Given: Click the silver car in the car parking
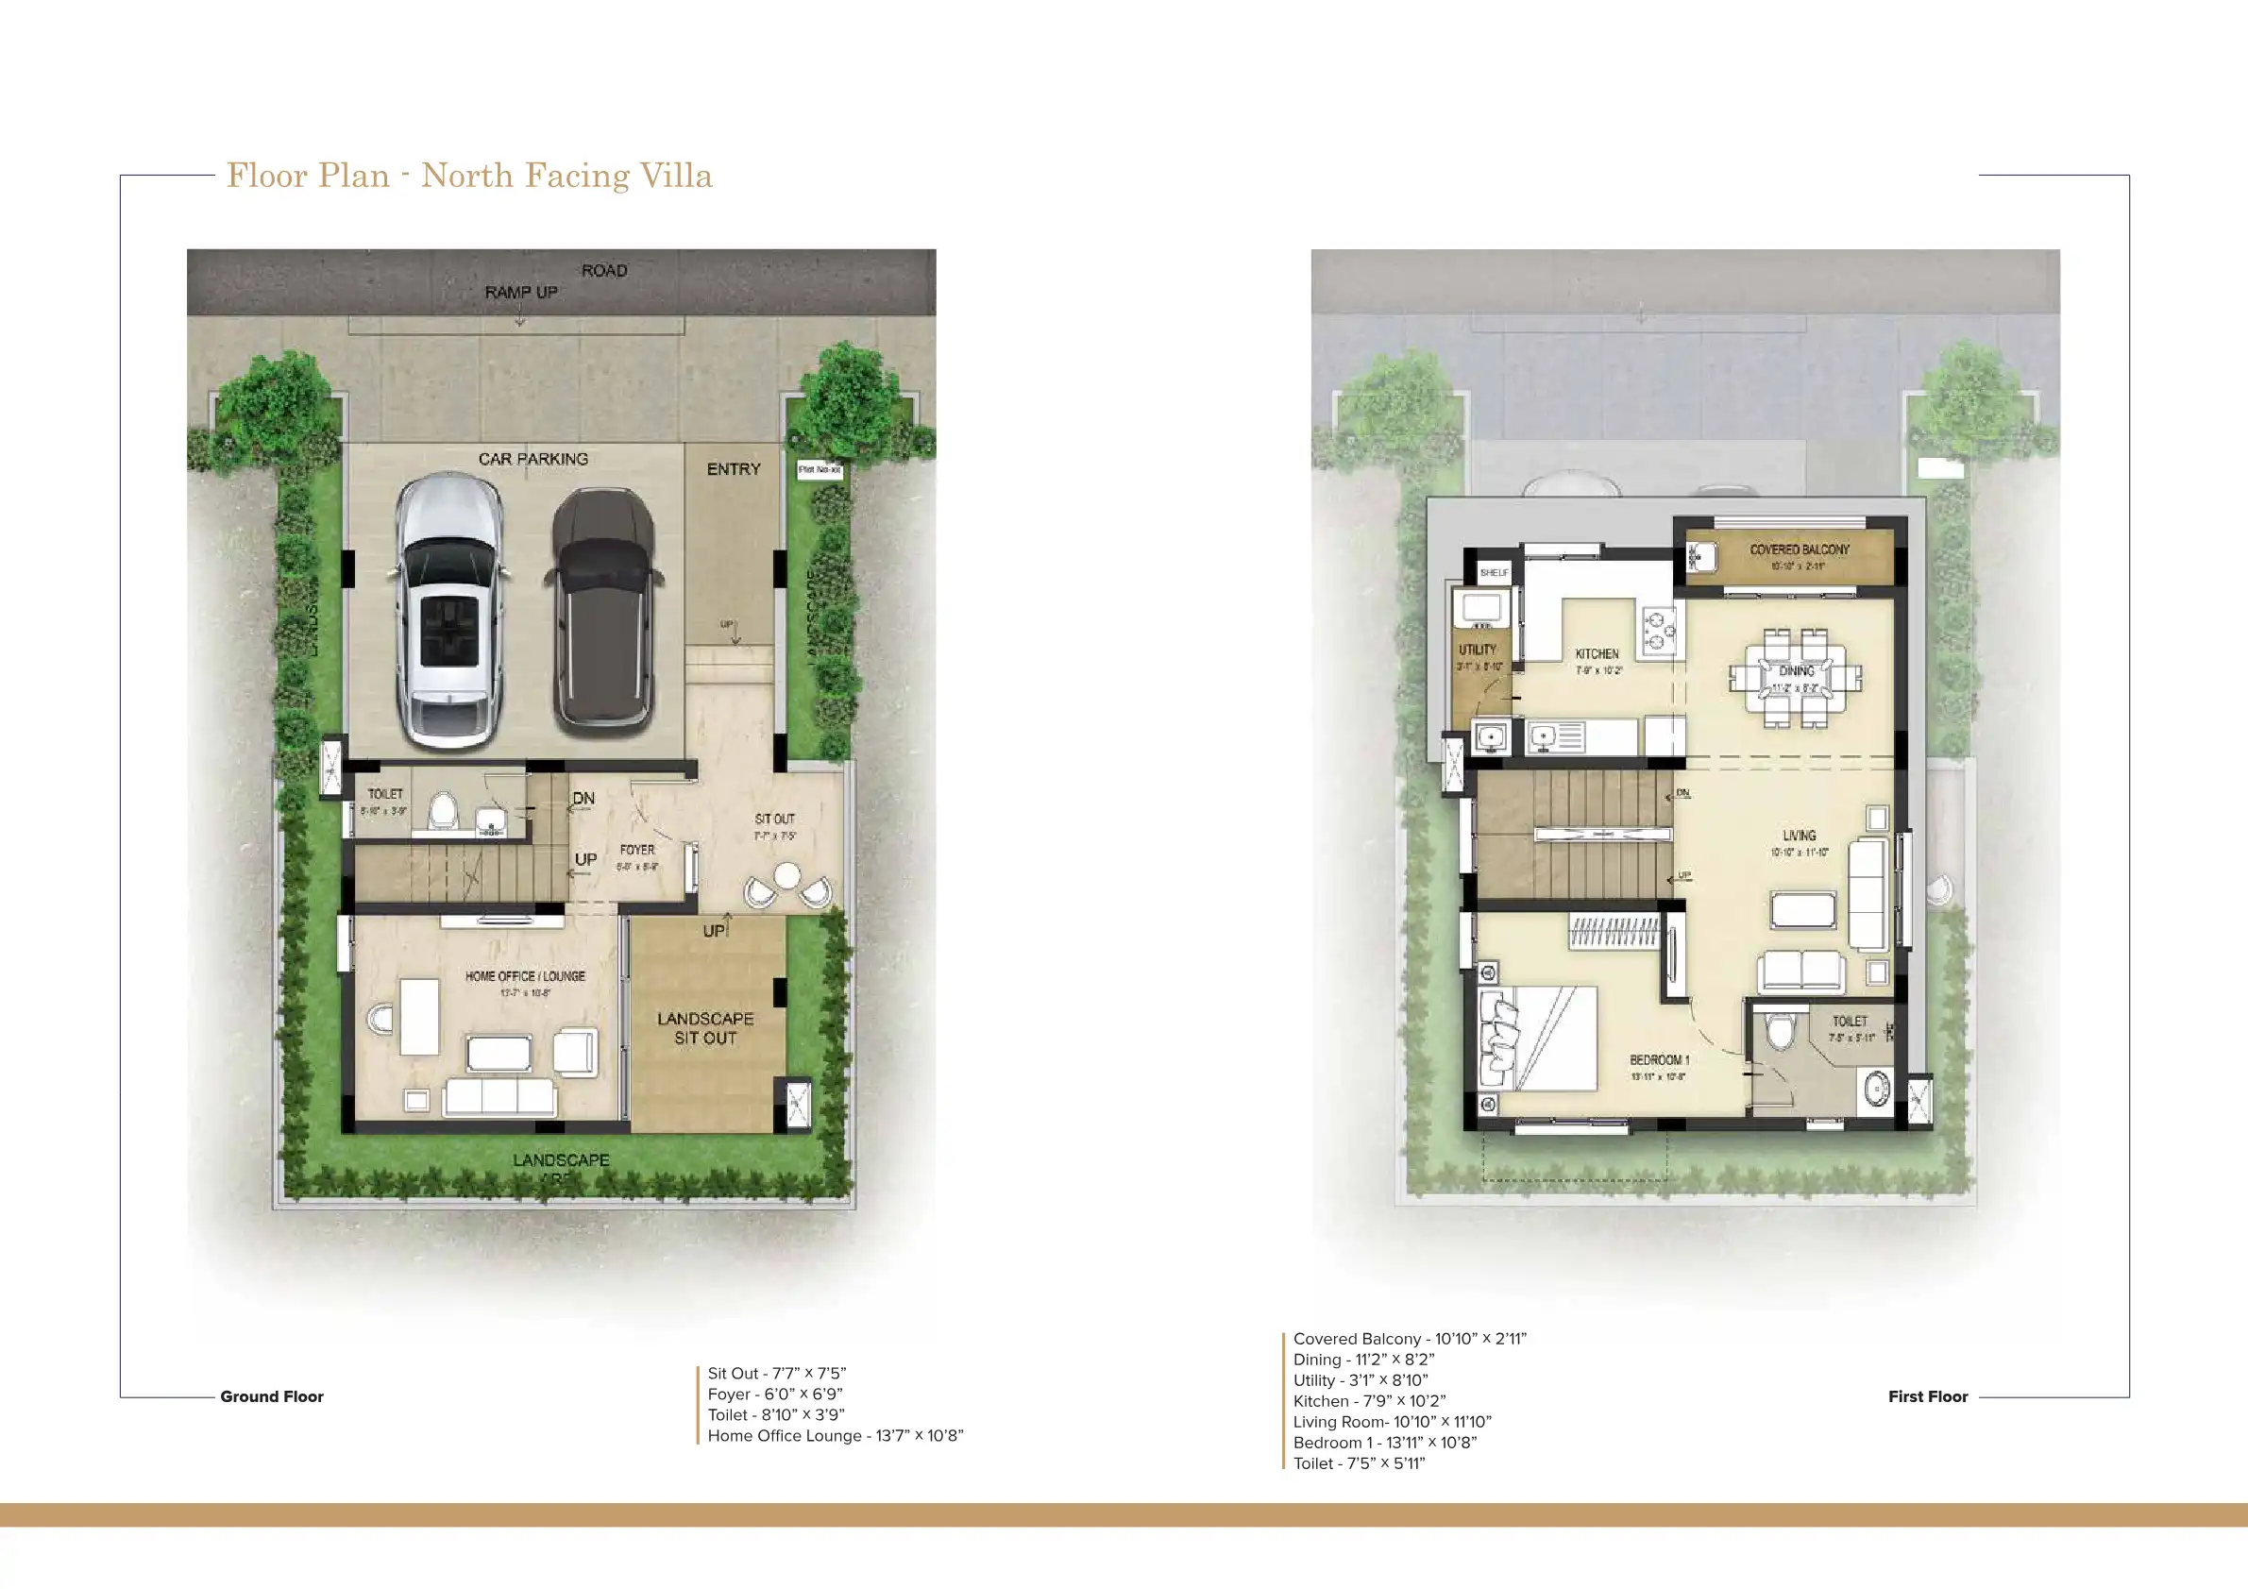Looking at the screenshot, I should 449,612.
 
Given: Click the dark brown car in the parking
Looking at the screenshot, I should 602,612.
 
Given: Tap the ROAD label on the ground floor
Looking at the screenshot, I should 604,270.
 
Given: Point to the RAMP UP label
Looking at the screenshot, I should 521,292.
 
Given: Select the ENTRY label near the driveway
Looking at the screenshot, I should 734,469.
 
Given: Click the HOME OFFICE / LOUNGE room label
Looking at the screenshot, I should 525,976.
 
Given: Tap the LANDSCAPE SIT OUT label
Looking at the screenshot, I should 705,1028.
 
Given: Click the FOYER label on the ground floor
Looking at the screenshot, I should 637,850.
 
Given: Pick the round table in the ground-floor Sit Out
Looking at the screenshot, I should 786,875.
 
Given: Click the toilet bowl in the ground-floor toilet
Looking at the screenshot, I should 444,812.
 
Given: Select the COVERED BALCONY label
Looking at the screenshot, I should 1800,550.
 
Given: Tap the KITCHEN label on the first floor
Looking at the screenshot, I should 1597,654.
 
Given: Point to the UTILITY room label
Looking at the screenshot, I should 1478,651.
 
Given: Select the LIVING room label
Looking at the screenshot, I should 1799,836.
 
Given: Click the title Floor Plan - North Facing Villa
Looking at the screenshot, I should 469,176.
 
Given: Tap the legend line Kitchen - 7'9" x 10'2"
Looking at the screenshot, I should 1369,1401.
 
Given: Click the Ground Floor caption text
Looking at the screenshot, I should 271,1396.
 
